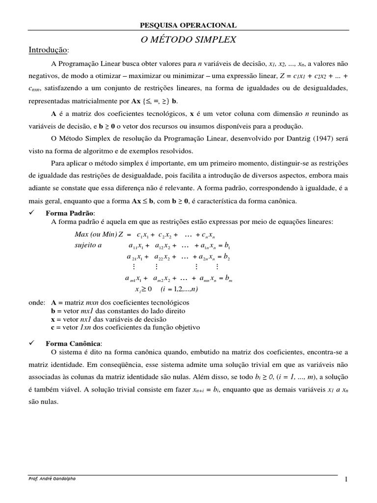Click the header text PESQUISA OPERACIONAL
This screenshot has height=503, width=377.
(x=188, y=25)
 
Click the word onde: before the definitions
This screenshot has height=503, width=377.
(x=37, y=303)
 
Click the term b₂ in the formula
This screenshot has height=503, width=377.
(x=227, y=257)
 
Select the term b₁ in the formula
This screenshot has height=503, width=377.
(x=227, y=246)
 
